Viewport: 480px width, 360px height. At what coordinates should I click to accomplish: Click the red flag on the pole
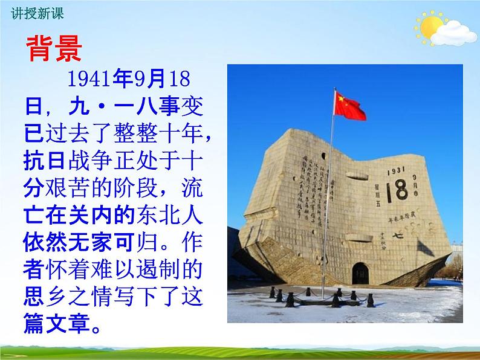tap(350, 106)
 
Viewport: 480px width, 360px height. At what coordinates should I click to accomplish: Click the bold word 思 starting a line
tap(35, 297)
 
